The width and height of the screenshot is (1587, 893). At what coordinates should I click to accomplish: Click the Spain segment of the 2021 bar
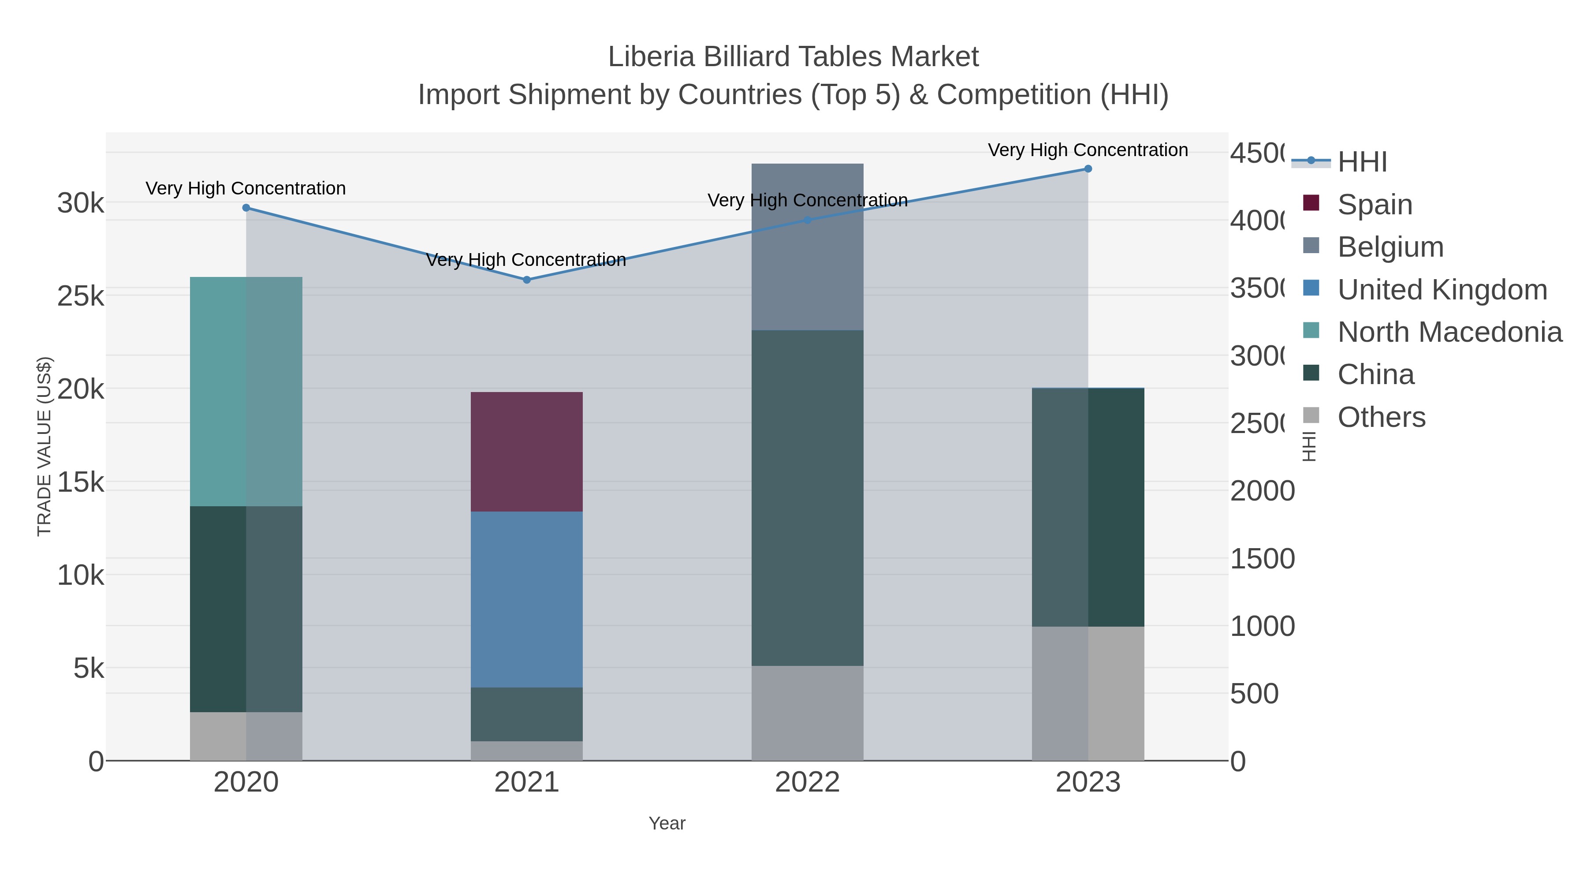coord(527,451)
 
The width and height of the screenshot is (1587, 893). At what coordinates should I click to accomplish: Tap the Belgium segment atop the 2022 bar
coord(807,247)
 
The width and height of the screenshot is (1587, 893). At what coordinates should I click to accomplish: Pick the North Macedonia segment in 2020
coord(246,391)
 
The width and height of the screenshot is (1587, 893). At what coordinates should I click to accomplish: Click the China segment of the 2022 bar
coord(807,498)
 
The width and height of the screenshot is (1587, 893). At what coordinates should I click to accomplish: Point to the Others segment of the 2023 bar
coord(1088,693)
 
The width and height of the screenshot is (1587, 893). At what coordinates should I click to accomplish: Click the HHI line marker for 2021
coord(527,280)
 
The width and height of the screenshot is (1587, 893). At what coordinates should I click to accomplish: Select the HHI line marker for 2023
coord(1088,169)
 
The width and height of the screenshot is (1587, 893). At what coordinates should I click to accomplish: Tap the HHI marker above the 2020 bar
coord(246,208)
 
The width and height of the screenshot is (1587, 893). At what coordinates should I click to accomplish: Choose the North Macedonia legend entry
coord(1449,332)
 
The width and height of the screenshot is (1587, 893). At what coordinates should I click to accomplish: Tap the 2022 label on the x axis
coord(807,783)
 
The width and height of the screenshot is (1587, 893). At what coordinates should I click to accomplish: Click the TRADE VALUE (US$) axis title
coord(45,446)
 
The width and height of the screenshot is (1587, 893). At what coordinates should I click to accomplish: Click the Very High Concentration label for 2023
coord(1088,150)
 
